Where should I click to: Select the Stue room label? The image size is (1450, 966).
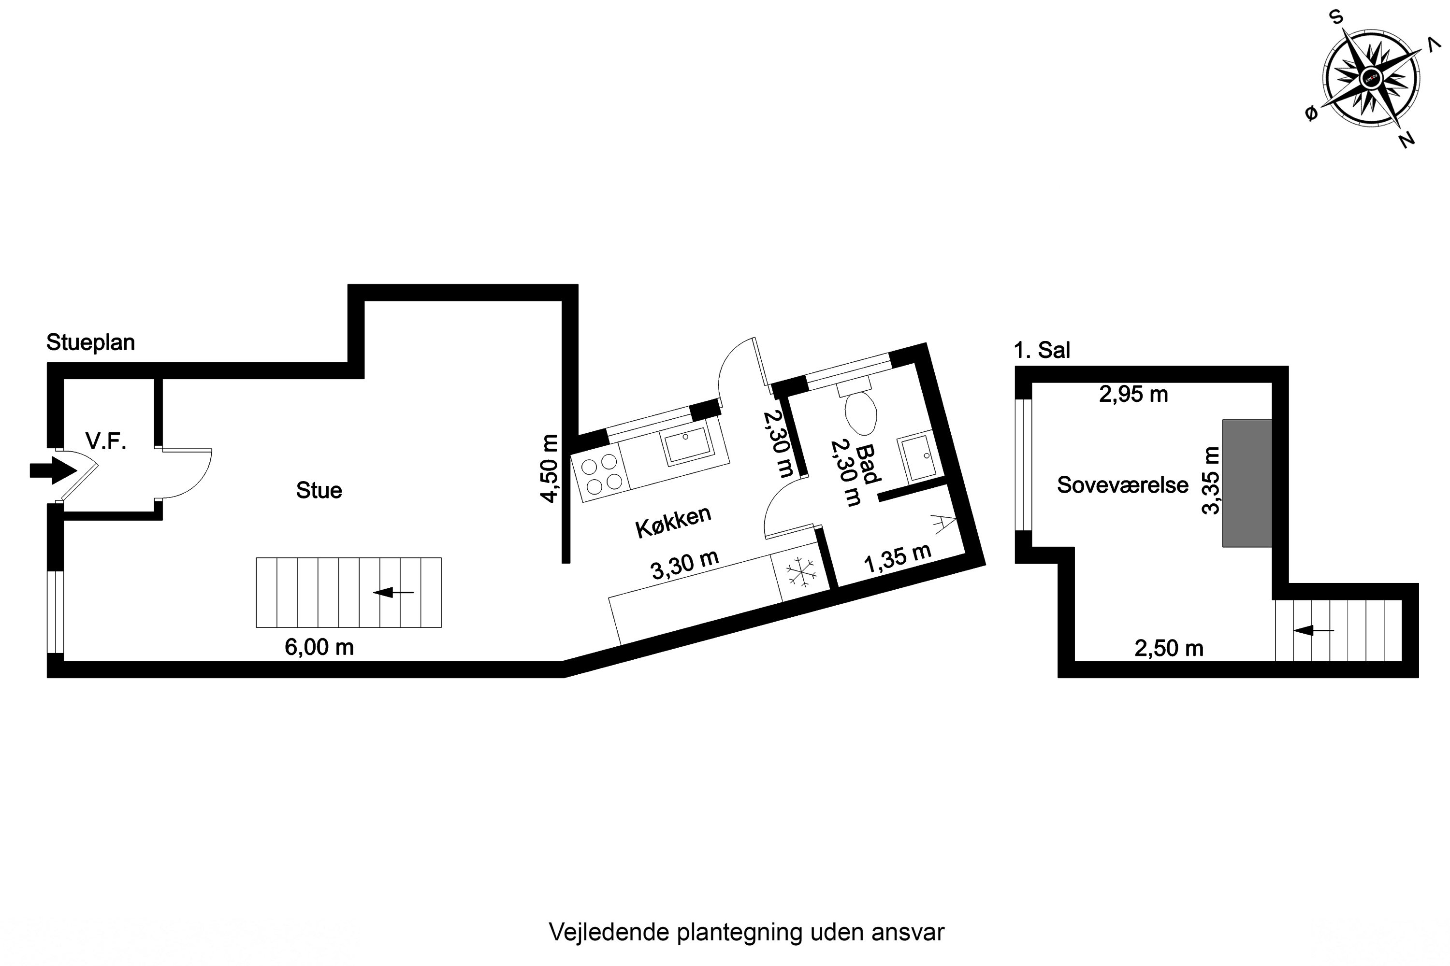319,490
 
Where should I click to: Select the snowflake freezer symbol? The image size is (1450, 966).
801,572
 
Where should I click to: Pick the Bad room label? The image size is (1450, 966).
868,463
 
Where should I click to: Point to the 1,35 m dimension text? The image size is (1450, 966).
897,558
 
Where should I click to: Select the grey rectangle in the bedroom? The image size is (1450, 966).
1247,483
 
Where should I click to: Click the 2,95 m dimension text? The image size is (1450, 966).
1133,394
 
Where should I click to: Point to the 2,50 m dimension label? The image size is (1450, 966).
1169,648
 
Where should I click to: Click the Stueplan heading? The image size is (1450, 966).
91,342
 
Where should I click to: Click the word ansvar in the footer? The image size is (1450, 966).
908,932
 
